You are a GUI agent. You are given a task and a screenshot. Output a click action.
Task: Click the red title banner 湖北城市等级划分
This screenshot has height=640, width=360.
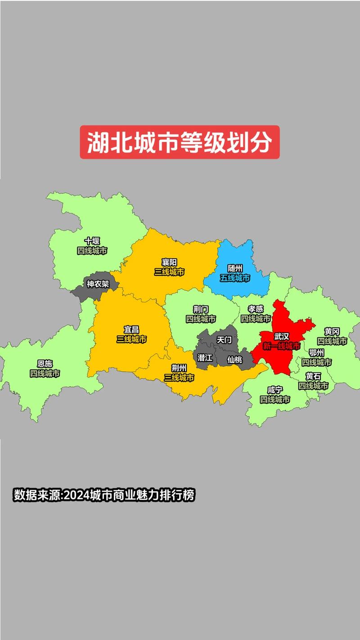coord(180,142)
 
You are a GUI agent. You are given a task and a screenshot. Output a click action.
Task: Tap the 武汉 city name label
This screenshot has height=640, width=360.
coord(282,336)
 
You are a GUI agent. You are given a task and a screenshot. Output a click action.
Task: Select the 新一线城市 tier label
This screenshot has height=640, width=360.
coord(282,346)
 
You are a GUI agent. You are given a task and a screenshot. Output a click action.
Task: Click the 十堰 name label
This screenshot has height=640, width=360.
coord(92,241)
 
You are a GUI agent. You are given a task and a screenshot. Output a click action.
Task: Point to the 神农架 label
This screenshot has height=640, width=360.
coord(98,284)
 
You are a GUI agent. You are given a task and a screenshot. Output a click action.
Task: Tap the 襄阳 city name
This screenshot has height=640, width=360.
coord(169,262)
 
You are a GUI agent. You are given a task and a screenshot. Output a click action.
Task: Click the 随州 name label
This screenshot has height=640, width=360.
coord(235,268)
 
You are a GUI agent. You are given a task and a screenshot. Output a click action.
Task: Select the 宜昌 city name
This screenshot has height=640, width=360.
coord(131,330)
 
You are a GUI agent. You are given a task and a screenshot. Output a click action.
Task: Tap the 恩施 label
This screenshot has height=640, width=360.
coord(45,364)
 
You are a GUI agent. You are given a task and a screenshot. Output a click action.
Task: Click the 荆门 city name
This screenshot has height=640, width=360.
coord(201,309)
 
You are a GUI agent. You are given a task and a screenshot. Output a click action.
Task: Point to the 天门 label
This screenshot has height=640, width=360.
coord(224,340)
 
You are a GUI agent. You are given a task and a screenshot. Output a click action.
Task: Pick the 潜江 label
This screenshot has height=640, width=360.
coord(205,357)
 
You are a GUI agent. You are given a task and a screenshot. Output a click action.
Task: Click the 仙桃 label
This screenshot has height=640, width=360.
coord(234,360)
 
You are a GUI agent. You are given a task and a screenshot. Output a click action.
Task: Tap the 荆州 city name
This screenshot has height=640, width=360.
coord(179,368)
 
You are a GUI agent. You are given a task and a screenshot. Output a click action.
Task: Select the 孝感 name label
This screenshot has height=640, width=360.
coord(256,309)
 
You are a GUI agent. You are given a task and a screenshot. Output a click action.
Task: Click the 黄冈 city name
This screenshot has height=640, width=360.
coord(332,332)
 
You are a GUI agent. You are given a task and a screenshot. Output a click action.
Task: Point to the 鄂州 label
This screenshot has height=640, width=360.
coord(317,352)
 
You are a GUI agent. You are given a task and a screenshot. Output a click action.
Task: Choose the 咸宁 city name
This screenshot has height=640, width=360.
coord(275,390)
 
